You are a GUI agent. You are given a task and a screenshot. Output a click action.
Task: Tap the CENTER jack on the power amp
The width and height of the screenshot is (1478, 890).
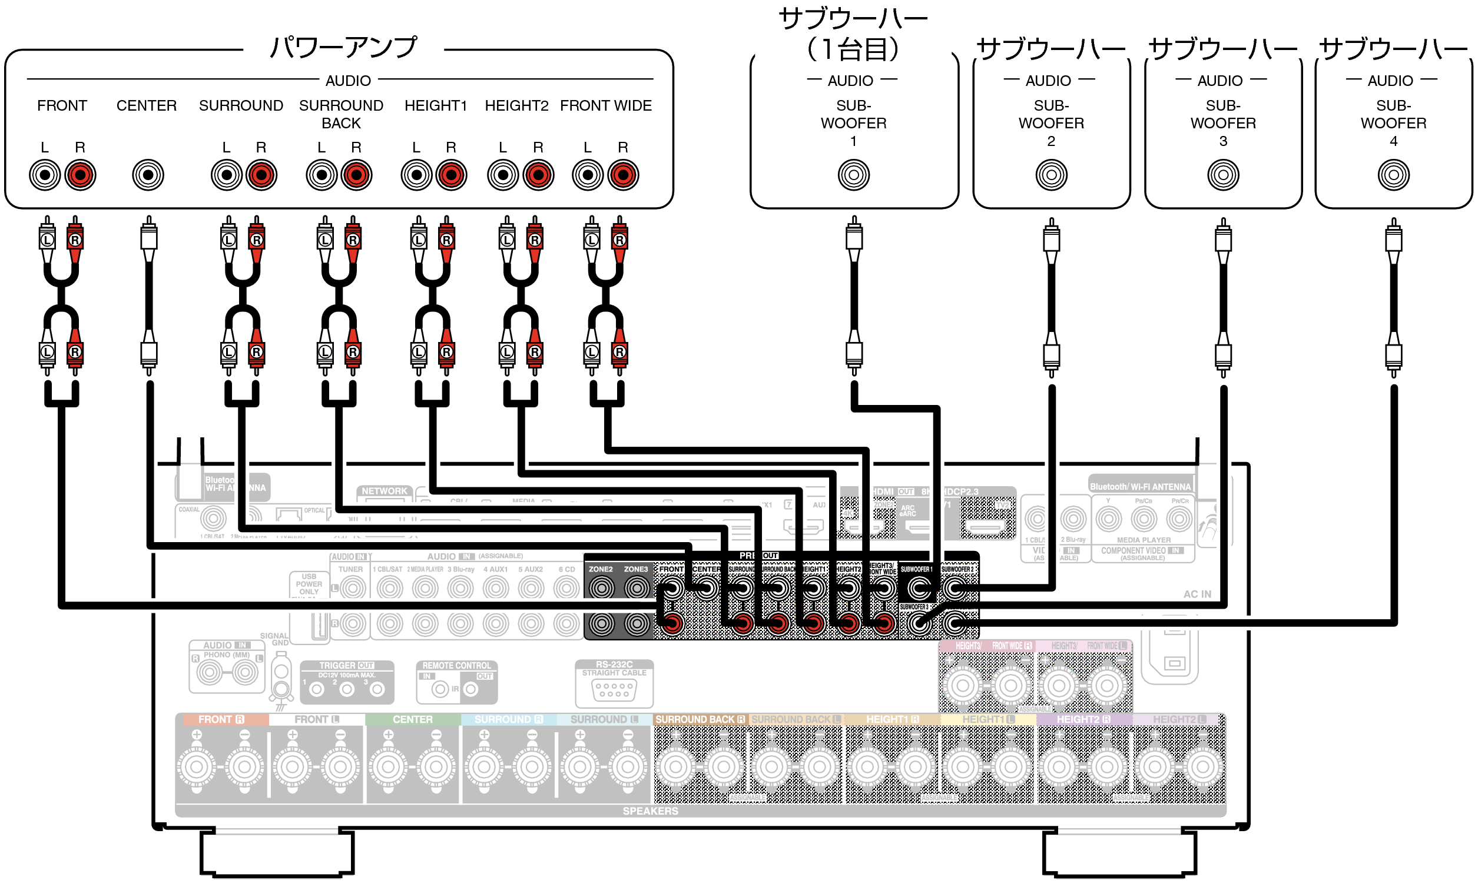148,175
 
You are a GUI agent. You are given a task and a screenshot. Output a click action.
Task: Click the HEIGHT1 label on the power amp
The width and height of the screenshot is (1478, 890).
436,106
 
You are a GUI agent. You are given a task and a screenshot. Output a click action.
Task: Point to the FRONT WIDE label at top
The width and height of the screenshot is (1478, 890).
606,106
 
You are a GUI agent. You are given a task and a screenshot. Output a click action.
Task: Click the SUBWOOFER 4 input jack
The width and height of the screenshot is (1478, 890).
1393,175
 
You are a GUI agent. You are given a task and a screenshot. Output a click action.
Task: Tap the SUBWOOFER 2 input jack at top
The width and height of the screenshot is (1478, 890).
1051,175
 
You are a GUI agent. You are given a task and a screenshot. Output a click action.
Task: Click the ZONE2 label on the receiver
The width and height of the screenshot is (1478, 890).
601,569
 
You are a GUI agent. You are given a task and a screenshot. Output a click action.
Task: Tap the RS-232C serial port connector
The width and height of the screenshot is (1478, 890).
614,690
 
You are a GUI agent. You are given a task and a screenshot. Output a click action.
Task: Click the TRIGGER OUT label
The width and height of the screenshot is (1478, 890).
346,666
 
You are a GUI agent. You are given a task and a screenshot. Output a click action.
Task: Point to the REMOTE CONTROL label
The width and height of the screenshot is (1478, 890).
456,666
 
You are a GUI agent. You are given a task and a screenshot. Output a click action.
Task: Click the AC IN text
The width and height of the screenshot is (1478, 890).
1197,595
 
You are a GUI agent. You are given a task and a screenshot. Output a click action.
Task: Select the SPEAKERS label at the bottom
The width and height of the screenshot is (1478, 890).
650,811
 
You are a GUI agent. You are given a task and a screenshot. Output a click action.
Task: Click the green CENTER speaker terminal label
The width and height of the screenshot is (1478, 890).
413,719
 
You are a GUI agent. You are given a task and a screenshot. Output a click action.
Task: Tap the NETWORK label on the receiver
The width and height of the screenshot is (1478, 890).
384,491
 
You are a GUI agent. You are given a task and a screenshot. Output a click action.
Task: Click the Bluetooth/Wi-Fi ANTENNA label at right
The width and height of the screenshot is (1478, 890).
1139,487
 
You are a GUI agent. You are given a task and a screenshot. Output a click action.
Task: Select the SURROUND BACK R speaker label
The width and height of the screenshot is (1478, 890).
700,719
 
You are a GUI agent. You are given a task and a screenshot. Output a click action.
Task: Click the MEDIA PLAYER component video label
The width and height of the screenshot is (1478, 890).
1144,540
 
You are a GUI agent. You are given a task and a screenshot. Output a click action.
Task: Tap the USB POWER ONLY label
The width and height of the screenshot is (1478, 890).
309,584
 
